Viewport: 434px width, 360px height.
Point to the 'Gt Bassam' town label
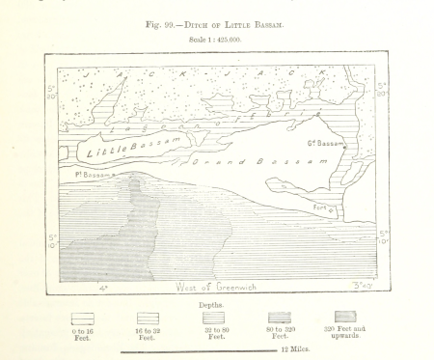coord(326,145)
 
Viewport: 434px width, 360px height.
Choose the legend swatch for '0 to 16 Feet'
coord(84,318)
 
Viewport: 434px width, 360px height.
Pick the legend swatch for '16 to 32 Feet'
coord(148,318)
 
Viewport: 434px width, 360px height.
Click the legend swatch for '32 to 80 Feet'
coord(212,318)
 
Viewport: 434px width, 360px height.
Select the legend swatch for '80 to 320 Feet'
coord(279,318)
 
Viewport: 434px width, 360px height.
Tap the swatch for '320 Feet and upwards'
coord(344,317)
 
